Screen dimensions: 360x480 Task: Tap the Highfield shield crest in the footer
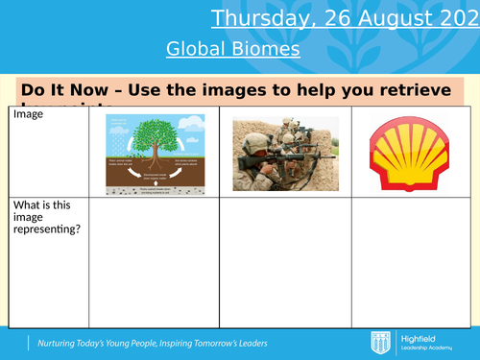pos(377,342)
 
